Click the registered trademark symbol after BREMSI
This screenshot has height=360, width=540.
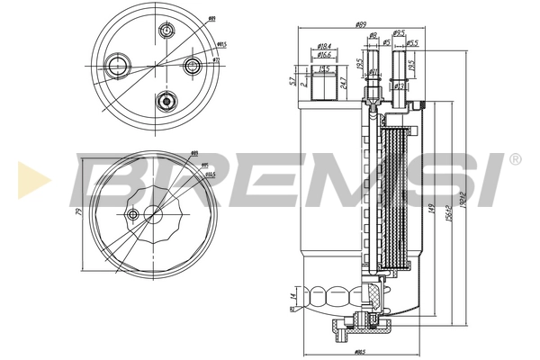click(514, 159)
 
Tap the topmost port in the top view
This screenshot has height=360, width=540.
click(165, 32)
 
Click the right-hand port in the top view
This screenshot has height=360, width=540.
click(191, 65)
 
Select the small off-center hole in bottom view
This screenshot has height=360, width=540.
click(133, 214)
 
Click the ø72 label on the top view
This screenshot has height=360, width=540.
click(217, 60)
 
